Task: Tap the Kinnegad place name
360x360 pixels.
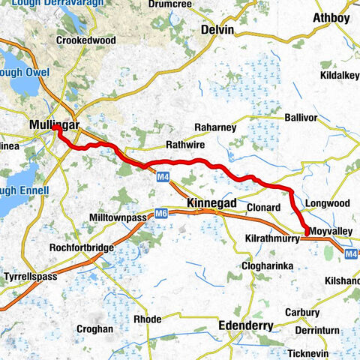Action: pos(211,204)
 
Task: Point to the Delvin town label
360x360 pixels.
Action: pos(217,29)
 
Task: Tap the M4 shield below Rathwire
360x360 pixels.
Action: pos(163,177)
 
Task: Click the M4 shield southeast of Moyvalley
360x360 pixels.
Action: pos(350,254)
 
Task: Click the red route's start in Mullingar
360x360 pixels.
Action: pos(55,128)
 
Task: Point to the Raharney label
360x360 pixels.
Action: pos(215,127)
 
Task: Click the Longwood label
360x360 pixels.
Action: pos(328,202)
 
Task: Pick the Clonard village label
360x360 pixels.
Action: pos(263,207)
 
